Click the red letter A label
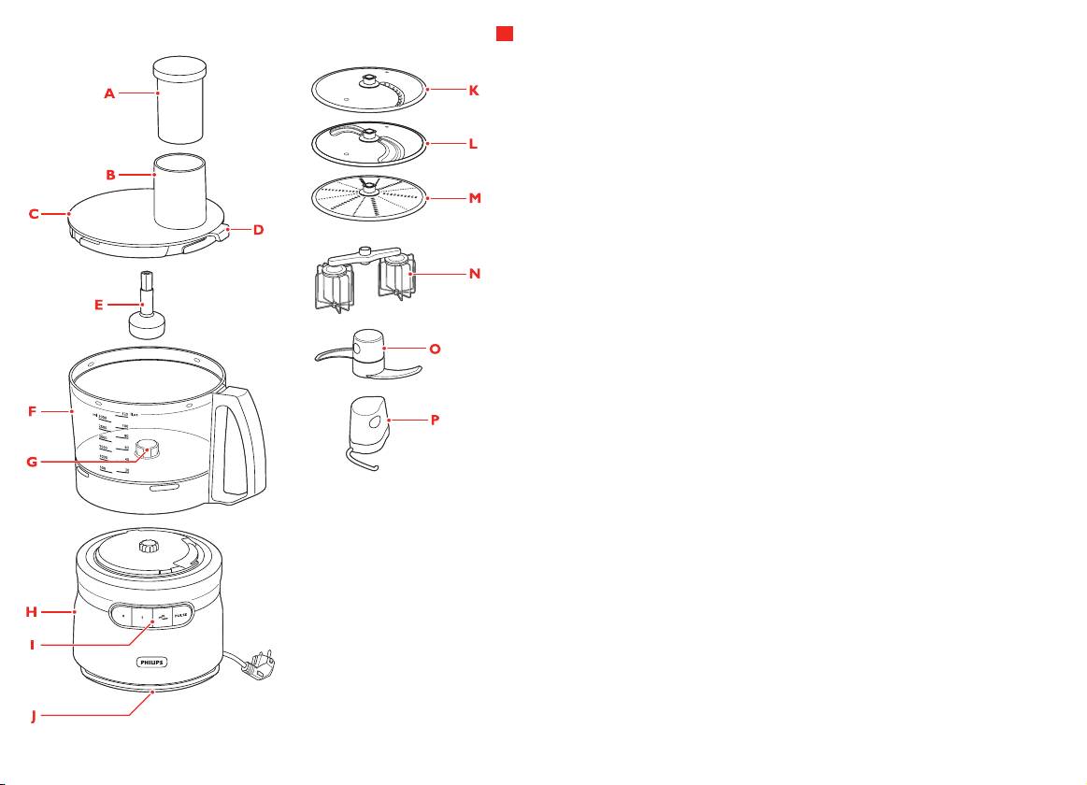click(x=109, y=93)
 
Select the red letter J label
click(x=34, y=717)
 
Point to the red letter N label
click(x=474, y=274)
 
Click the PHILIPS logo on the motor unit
click(x=157, y=661)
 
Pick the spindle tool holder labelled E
click(x=145, y=312)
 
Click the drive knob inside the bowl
click(x=146, y=450)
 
